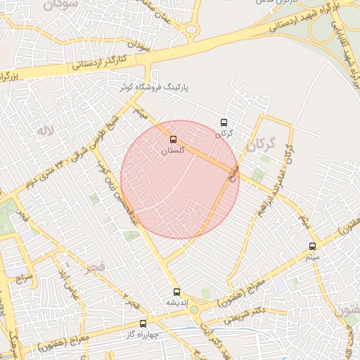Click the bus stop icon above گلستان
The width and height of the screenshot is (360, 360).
(174, 139)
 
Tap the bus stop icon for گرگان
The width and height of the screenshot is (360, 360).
(224, 122)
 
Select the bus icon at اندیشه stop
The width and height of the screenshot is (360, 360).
(176, 291)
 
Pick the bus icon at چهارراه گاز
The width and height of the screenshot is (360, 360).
(143, 324)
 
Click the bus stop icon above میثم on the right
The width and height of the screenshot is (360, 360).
(313, 246)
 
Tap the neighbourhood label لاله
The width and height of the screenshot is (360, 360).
(46, 131)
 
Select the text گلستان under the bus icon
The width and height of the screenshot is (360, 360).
(173, 150)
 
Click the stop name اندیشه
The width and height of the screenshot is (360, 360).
(176, 302)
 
